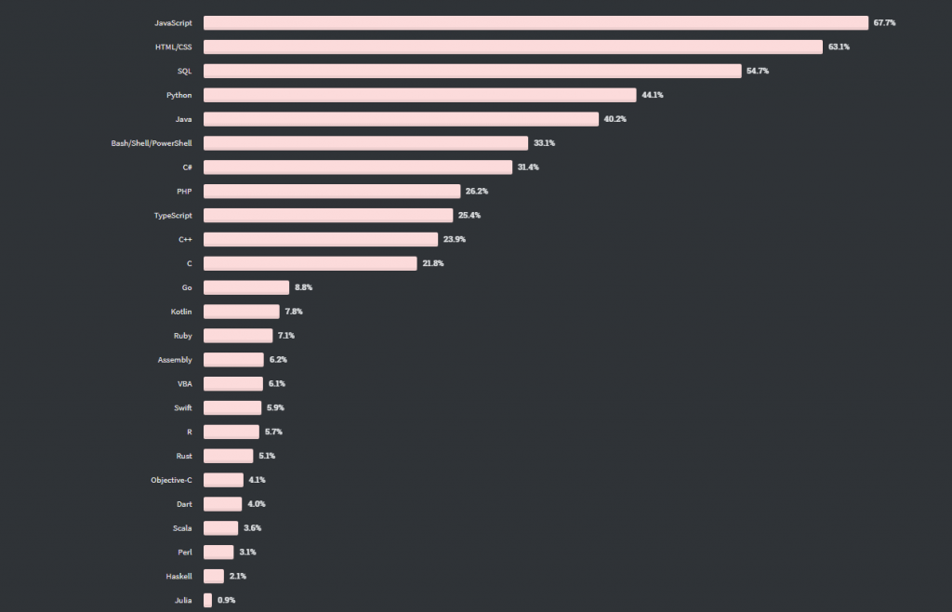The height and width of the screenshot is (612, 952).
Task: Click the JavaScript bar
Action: pyautogui.click(x=535, y=22)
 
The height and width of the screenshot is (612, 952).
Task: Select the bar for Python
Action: pyautogui.click(x=419, y=95)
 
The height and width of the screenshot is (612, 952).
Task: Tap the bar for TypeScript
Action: pyautogui.click(x=328, y=215)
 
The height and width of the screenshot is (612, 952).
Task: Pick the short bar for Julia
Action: pyautogui.click(x=208, y=600)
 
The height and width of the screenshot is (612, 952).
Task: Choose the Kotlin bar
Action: pyautogui.click(x=242, y=312)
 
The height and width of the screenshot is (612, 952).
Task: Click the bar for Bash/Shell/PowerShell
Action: pyautogui.click(x=366, y=143)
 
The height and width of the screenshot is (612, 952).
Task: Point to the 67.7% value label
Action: pyautogui.click(x=884, y=22)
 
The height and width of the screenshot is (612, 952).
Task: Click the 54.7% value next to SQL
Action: pyautogui.click(x=757, y=71)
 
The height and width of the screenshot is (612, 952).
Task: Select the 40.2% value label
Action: pyautogui.click(x=615, y=119)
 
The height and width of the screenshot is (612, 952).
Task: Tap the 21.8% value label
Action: pyautogui.click(x=433, y=263)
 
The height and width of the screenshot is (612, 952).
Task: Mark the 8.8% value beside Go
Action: pyautogui.click(x=304, y=287)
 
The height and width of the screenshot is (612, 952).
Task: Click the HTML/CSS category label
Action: pyautogui.click(x=174, y=47)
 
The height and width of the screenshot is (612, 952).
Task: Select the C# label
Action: pyautogui.click(x=187, y=167)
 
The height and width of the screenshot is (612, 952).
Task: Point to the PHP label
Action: pyautogui.click(x=184, y=191)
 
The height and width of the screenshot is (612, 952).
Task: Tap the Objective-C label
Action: pyautogui.click(x=171, y=480)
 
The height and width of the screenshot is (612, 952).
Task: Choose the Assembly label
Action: pyautogui.click(x=175, y=359)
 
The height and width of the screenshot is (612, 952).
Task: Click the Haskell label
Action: pyautogui.click(x=178, y=576)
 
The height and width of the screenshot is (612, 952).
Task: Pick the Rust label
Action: pyautogui.click(x=184, y=456)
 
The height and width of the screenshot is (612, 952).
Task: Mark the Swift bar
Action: pyautogui.click(x=232, y=407)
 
